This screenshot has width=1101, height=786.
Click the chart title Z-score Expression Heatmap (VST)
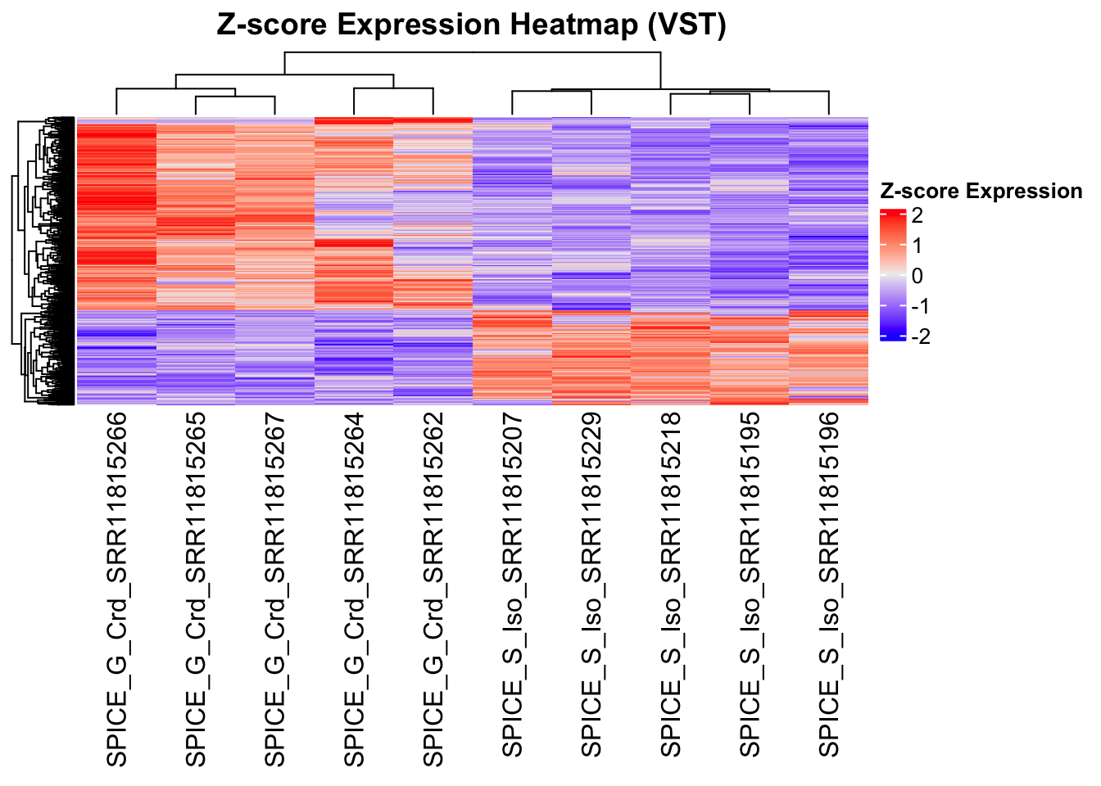tap(471, 25)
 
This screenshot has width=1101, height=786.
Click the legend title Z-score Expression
tap(981, 192)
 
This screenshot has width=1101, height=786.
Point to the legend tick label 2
tap(917, 215)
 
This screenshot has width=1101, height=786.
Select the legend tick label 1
tap(917, 246)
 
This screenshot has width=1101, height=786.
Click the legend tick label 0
tap(917, 276)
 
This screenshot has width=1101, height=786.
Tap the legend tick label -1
tap(920, 306)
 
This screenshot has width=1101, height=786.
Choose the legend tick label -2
tap(920, 337)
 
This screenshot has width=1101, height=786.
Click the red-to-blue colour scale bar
tap(892, 275)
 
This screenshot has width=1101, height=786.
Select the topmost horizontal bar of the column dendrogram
tap(473, 52)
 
